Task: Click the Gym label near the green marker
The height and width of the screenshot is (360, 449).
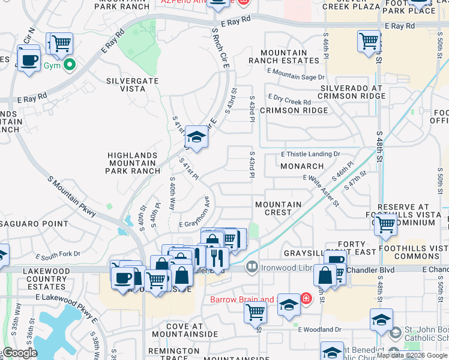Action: point(52,65)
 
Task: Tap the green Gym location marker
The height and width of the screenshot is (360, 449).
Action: point(70,65)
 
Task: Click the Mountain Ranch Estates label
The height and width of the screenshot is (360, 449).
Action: point(283,57)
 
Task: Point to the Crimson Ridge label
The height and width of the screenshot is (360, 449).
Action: point(294,110)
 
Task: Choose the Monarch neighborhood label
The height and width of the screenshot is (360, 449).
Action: point(303,166)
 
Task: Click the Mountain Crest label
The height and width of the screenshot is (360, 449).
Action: point(278,209)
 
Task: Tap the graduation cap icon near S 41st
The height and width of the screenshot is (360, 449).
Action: point(196,138)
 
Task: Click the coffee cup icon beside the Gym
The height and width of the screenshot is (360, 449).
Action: point(28,60)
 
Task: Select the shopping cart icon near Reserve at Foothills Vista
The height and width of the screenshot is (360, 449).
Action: point(386,225)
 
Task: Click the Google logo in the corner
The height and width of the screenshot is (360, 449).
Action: point(20,353)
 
